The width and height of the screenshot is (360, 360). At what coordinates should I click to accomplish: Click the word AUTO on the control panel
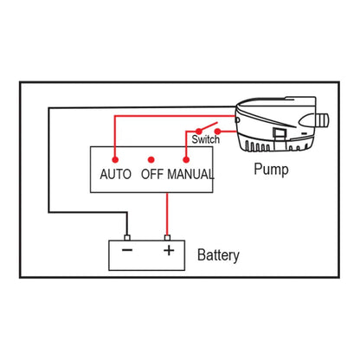(x=116, y=175)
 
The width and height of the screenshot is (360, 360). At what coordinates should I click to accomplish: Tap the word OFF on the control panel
(x=152, y=175)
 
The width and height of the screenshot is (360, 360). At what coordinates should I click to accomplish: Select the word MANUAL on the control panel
(x=190, y=175)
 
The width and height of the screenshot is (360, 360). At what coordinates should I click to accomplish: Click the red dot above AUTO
(x=114, y=160)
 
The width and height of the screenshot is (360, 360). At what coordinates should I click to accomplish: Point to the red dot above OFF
(x=151, y=160)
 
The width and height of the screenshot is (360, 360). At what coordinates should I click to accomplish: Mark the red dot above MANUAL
(x=186, y=160)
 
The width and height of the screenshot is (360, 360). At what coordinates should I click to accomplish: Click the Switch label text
(x=204, y=138)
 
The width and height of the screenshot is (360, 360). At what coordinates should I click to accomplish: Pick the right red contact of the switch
(x=218, y=132)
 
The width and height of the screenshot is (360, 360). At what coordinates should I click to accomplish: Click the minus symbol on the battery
(x=127, y=252)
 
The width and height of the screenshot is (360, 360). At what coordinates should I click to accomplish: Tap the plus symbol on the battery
(x=169, y=252)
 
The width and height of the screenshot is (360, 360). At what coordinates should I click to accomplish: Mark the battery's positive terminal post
(x=168, y=236)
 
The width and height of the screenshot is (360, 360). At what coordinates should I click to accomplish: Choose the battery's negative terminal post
(x=128, y=236)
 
